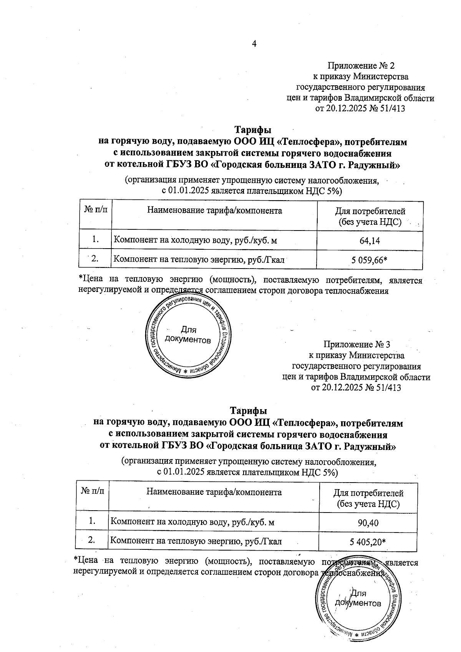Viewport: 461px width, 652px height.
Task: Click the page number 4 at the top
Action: tap(254, 44)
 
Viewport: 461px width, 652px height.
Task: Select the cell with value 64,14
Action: tap(370, 241)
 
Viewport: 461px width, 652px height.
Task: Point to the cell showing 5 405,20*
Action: tap(368, 542)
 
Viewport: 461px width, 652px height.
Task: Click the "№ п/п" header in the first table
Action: tap(96, 210)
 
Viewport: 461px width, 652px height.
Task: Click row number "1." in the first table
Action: tap(96, 240)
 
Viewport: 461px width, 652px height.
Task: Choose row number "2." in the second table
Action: tap(92, 540)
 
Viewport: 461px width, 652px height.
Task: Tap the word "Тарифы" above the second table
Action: tap(248, 411)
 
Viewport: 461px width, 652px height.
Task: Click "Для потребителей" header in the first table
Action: tap(370, 211)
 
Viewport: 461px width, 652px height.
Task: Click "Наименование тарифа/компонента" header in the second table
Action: tap(214, 492)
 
